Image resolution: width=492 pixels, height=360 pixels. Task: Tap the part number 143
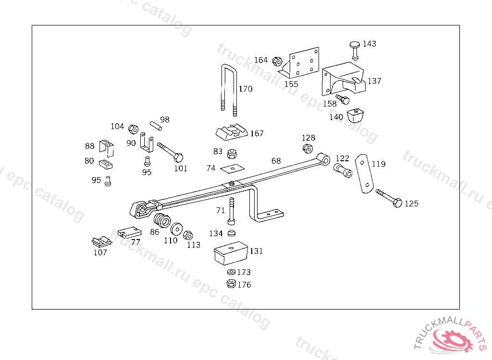369,44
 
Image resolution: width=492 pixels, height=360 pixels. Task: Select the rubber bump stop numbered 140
356,116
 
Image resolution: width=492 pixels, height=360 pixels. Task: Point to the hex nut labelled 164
277,61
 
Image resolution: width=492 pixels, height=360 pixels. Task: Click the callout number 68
276,161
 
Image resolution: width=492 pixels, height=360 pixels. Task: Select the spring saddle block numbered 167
231,132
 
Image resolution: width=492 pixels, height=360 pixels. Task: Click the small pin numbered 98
155,125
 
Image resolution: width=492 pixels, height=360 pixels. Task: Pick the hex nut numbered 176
231,284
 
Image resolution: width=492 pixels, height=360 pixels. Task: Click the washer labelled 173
231,273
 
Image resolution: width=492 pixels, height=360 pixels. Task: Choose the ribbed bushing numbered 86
160,221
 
